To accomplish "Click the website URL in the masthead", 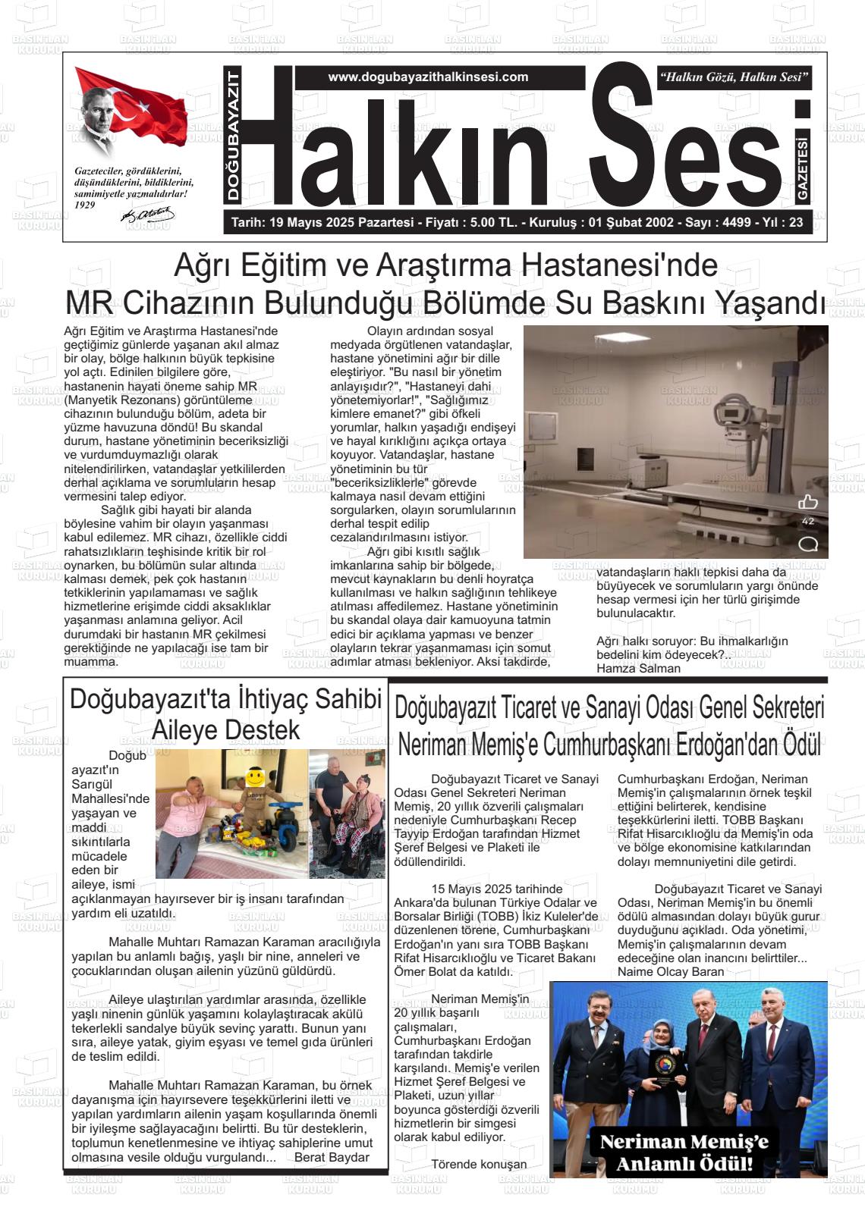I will [428, 77].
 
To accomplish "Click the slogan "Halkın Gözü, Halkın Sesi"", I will [734, 77].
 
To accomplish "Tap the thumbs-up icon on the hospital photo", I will [808, 502].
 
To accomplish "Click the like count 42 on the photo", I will [808, 522].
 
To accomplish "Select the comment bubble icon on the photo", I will [808, 544].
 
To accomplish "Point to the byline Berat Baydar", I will [332, 1157].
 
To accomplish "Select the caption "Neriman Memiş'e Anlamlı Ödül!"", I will [684, 1152].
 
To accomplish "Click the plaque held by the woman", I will [659, 1071].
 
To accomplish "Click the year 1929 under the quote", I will [86, 205].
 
